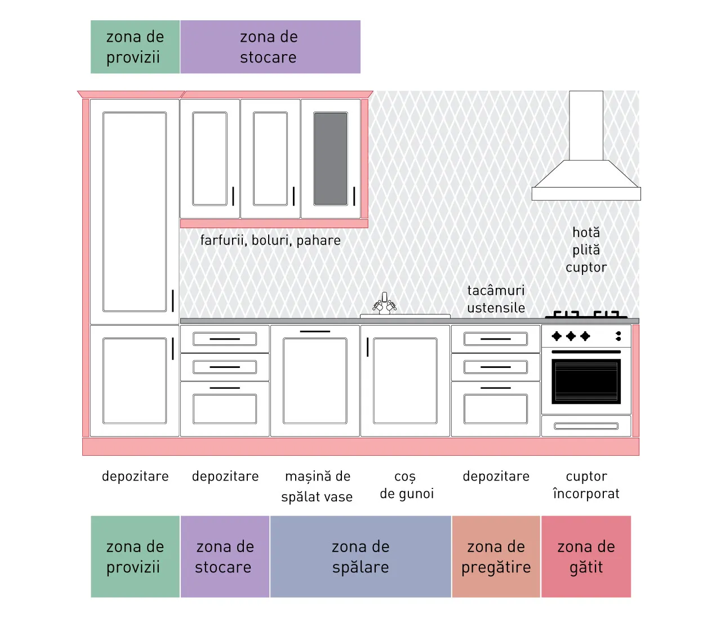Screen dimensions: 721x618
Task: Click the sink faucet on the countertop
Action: click(x=384, y=303)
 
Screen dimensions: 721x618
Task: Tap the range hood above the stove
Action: click(x=586, y=175)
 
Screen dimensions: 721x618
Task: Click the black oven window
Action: click(x=586, y=381)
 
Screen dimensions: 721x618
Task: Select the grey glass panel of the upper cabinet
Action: click(x=330, y=158)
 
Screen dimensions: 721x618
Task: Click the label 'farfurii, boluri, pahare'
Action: click(x=270, y=241)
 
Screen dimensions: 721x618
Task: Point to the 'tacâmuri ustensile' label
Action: click(x=496, y=299)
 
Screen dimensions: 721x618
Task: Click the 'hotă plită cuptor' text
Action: click(x=586, y=250)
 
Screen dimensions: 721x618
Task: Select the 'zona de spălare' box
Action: click(x=360, y=557)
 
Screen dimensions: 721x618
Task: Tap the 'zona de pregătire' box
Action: click(x=496, y=557)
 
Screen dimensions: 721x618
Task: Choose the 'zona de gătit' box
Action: click(x=586, y=557)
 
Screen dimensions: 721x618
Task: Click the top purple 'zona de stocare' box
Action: click(x=270, y=47)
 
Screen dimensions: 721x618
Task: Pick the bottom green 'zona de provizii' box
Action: click(x=135, y=557)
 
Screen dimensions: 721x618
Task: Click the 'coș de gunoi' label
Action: click(x=406, y=485)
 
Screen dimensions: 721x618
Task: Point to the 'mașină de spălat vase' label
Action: click(x=317, y=486)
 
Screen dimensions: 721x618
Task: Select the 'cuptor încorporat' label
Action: click(x=586, y=485)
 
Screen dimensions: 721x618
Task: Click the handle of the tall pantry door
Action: click(x=173, y=300)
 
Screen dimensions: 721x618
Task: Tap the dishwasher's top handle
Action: click(x=315, y=331)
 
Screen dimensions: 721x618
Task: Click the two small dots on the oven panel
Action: click(x=618, y=336)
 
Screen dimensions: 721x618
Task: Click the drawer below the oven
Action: click(x=586, y=426)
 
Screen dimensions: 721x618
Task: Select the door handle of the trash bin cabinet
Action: click(x=367, y=347)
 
